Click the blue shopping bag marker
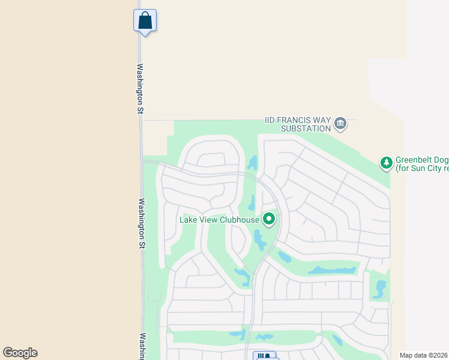[x=145, y=20]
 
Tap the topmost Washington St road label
[x=140, y=89]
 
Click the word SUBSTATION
[x=306, y=128]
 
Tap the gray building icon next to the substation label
[x=340, y=124]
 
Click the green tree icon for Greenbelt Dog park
[x=386, y=162]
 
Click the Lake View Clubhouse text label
[x=219, y=220]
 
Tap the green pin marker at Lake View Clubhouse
[x=269, y=219]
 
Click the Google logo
[x=20, y=353]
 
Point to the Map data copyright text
[x=424, y=355]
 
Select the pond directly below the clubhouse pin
[x=259, y=240]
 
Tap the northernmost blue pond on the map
[x=253, y=163]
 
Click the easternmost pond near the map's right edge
[x=379, y=289]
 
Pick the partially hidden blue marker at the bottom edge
[x=264, y=356]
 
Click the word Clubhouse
[x=238, y=220]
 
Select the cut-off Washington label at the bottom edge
[x=143, y=346]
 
